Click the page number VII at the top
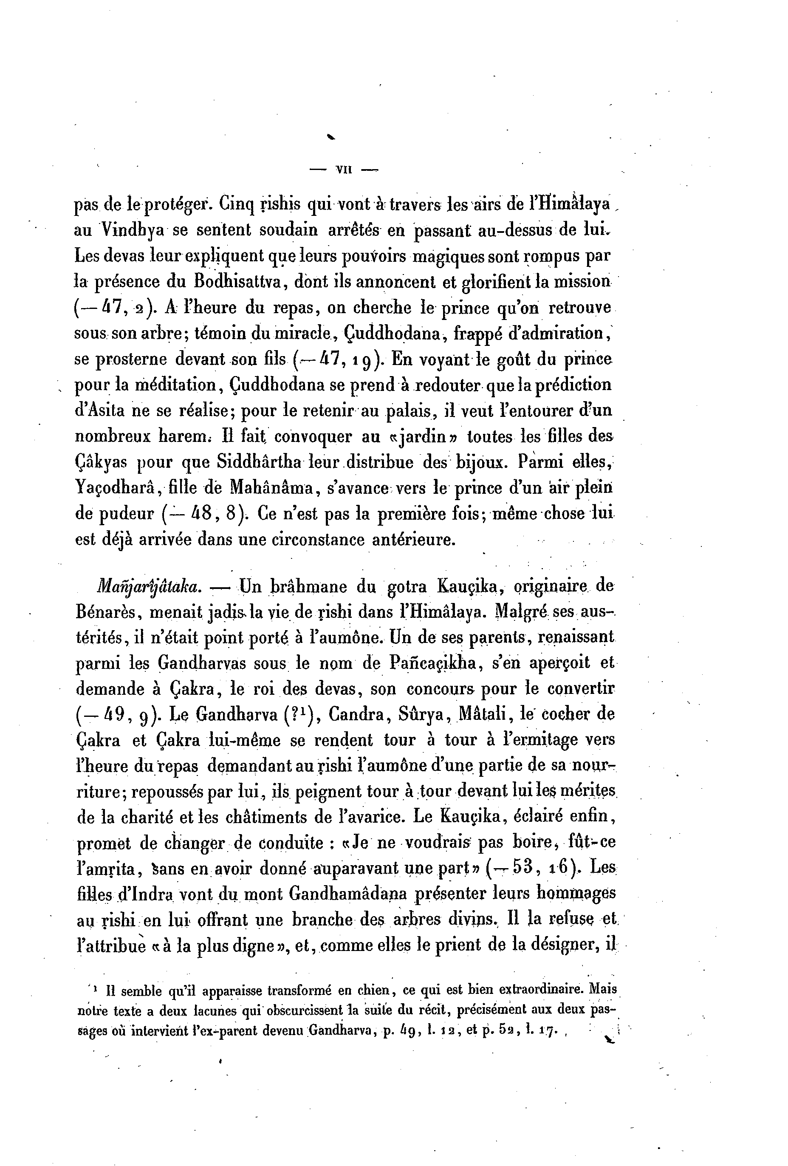[344, 170]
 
